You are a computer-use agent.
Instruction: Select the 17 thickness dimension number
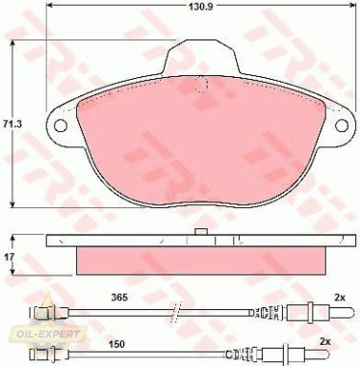(x=12, y=257)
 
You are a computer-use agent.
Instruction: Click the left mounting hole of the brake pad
(x=59, y=125)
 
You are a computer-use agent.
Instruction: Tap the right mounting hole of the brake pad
(x=340, y=125)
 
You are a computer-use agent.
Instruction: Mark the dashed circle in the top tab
(x=200, y=85)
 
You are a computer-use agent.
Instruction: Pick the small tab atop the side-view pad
(x=200, y=232)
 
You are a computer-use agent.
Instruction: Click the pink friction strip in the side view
(x=200, y=260)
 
